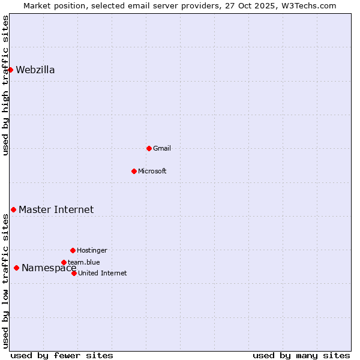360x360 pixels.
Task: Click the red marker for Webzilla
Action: point(10,70)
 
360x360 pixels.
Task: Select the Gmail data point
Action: point(149,148)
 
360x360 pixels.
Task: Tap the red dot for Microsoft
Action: point(134,171)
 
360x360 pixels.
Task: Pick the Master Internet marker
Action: point(13,209)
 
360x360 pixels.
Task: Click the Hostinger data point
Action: point(73,250)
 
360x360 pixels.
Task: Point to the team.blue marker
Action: point(64,262)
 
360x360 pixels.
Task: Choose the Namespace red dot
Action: point(16,268)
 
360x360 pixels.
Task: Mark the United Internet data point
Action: point(74,273)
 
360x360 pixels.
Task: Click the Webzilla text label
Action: point(35,70)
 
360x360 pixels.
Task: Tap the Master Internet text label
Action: point(56,209)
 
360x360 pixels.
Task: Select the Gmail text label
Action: point(162,148)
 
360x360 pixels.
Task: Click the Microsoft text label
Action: point(152,171)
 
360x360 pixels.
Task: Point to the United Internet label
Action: point(103,273)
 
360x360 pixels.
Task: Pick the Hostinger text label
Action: point(92,250)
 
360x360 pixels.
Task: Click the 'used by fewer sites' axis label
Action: point(62,355)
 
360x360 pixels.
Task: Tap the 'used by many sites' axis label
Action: point(301,355)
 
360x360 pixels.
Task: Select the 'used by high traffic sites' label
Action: point(5,85)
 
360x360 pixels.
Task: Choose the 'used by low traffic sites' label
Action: point(5,281)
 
